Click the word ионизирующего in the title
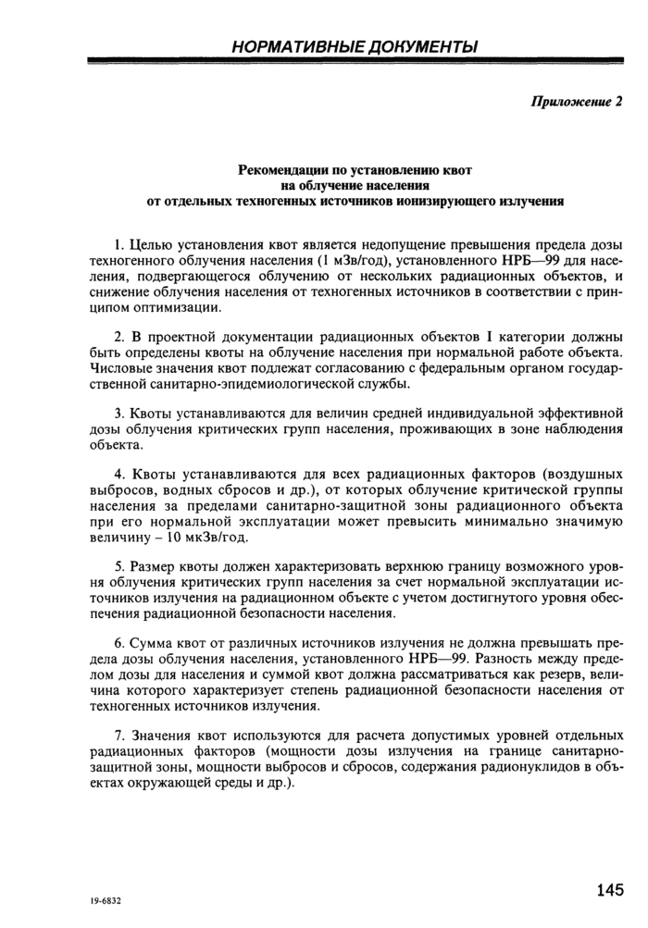[x=466, y=199]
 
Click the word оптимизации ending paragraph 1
[x=173, y=307]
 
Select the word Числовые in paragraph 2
[x=117, y=369]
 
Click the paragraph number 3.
[x=118, y=414]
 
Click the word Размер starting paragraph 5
[x=154, y=564]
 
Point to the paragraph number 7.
[x=118, y=736]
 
